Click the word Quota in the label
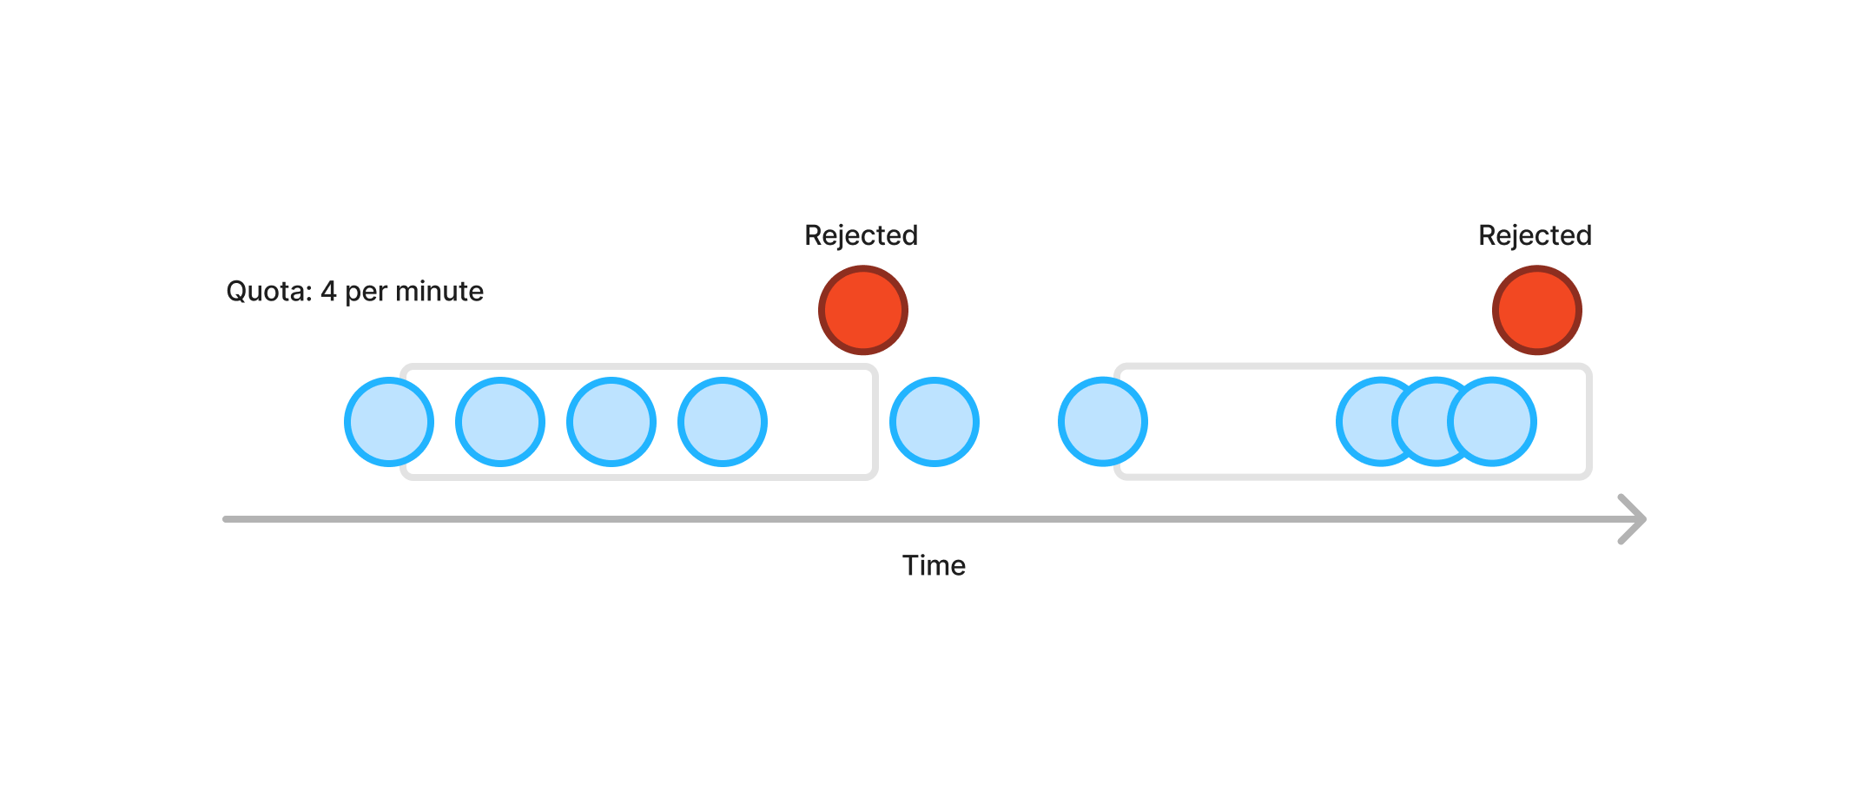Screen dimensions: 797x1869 tap(267, 292)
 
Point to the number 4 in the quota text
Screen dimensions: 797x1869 tap(328, 292)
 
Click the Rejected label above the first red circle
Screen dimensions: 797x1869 tap(861, 236)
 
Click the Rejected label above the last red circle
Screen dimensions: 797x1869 tap(1535, 236)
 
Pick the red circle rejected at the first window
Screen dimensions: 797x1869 tap(863, 310)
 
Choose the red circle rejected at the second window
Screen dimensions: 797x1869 tap(1537, 310)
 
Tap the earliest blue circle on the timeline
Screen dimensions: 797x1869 tap(389, 422)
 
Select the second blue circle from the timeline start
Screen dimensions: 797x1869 tap(500, 422)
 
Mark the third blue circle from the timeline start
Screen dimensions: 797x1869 tap(611, 422)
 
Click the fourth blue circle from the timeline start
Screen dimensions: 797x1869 tap(723, 422)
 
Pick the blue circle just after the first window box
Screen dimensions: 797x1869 tap(934, 422)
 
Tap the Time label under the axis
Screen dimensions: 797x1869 tap(934, 566)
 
